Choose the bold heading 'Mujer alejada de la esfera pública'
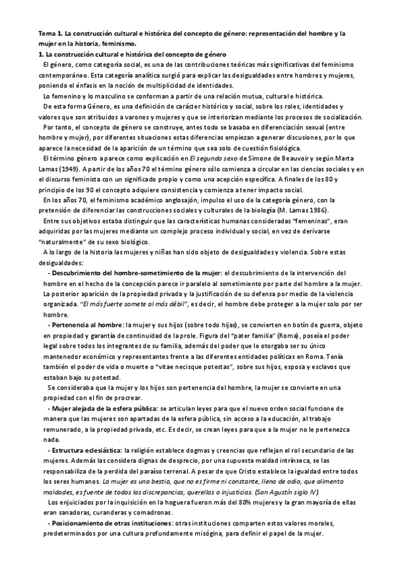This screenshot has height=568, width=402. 112,407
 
